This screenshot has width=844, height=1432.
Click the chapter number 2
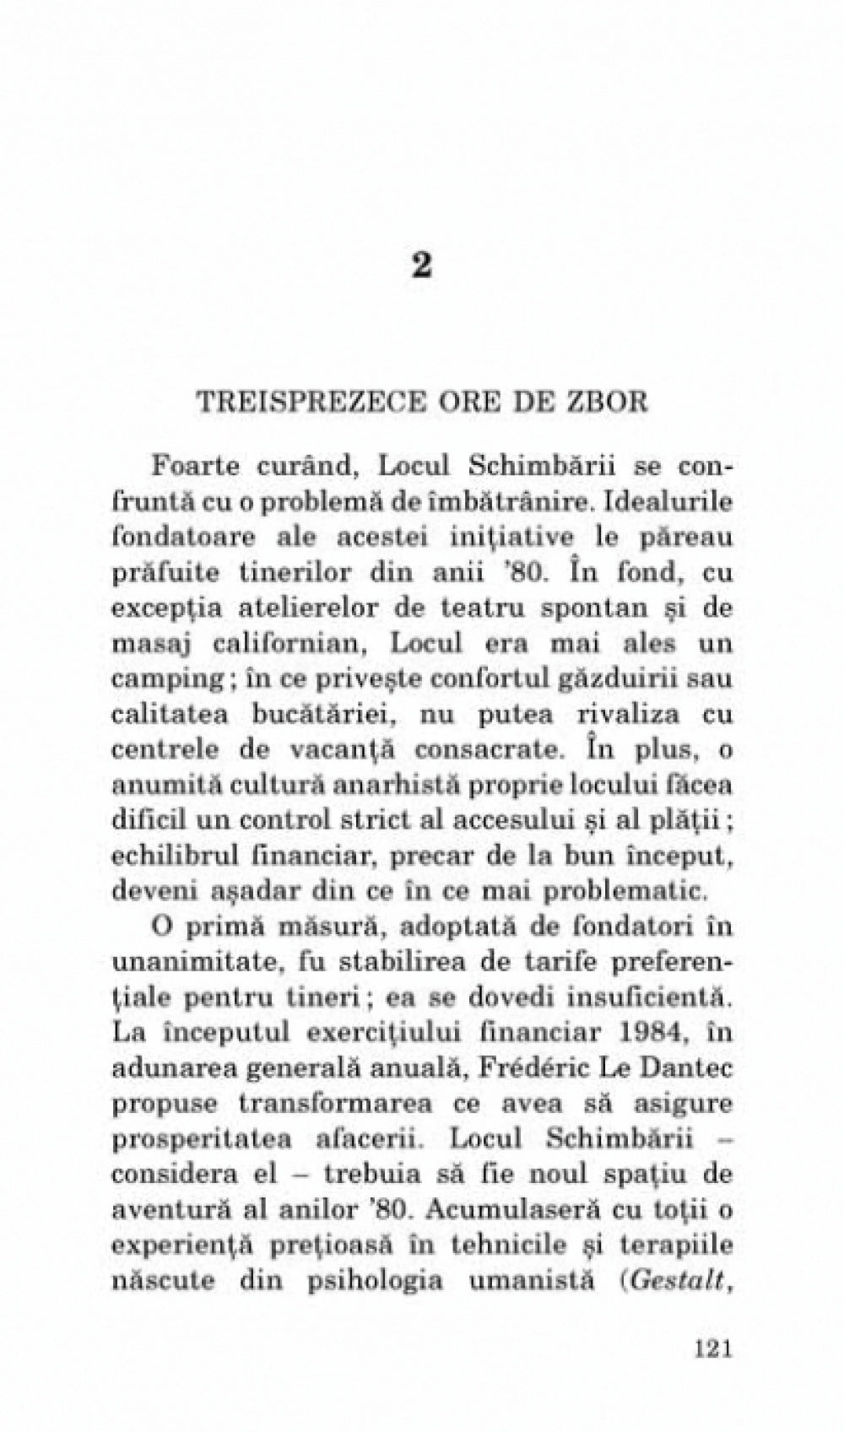(x=422, y=267)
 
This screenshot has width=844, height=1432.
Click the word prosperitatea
(x=203, y=1139)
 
